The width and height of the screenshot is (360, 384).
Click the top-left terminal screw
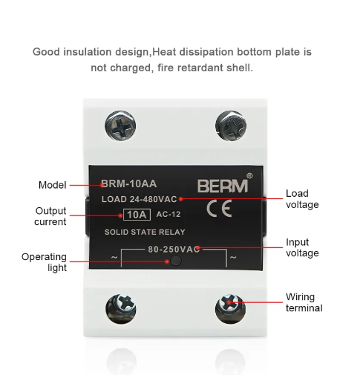[120, 126]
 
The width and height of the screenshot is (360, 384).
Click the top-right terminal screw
[231, 126]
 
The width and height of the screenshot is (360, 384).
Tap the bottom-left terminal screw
[121, 308]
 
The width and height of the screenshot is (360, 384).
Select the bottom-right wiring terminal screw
[230, 308]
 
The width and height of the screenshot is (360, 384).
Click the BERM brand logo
[223, 186]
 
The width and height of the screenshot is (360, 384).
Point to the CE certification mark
[219, 208]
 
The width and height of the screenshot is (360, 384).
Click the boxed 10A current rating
[137, 215]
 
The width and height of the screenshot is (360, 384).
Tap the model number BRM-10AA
[128, 183]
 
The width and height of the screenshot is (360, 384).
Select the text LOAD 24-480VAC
[139, 199]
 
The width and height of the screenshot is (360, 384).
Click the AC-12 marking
[168, 214]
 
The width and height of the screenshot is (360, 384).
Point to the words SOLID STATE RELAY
[145, 232]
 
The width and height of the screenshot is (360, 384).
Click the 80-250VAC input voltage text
[174, 250]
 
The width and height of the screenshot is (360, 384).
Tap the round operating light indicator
[176, 261]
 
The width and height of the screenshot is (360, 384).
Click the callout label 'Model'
[53, 185]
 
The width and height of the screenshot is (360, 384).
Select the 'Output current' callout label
[50, 216]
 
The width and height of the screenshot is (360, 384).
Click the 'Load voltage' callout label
[302, 199]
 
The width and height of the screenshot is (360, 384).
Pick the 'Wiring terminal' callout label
[304, 302]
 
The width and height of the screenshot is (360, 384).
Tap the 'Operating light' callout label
[44, 262]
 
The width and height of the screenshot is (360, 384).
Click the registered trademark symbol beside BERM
[249, 176]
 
